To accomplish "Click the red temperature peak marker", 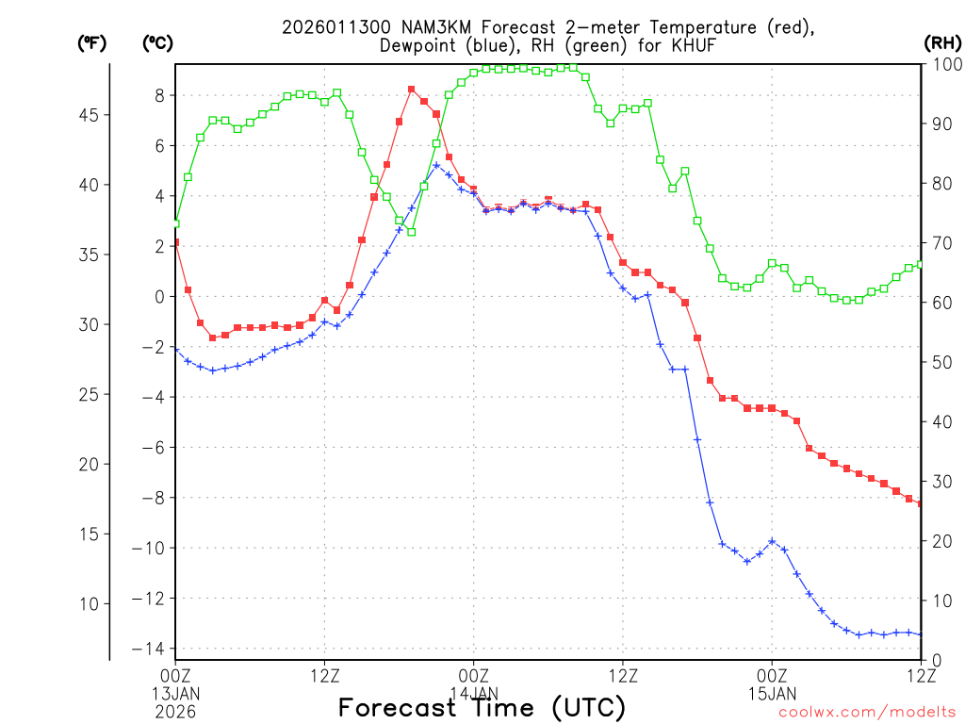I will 412,90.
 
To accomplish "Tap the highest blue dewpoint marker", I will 436,165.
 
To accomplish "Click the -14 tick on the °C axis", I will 153,649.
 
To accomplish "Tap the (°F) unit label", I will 91,43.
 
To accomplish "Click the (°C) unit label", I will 156,43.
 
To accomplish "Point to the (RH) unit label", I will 941,43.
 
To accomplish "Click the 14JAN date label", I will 474,693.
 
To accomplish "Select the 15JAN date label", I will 772,693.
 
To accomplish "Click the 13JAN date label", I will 176,693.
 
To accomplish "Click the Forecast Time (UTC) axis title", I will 482,707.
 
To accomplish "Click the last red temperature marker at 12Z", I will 921,503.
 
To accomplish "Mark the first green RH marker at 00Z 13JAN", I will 176,223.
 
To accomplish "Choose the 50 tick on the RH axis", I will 940,362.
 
